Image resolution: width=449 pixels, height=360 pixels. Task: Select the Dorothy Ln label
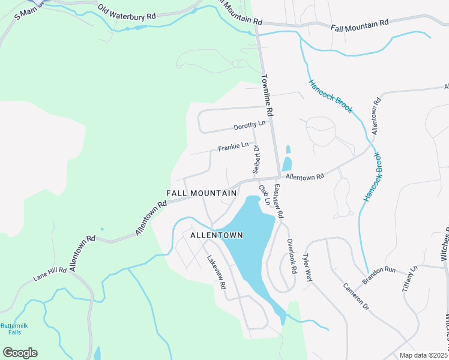[x=249, y=125]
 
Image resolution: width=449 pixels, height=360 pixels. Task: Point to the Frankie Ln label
[x=234, y=146]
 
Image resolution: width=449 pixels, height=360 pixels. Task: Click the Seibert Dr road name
[x=255, y=160]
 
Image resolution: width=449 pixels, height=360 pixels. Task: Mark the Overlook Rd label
[x=291, y=257]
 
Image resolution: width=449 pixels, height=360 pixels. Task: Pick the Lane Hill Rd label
[x=49, y=271]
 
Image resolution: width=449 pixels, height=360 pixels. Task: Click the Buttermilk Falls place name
[x=11, y=328]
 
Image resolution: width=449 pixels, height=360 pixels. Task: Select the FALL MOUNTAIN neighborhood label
[x=201, y=193]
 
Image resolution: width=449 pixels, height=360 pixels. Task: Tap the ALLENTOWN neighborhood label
[x=217, y=235]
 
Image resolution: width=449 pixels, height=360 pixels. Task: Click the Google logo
[x=20, y=352]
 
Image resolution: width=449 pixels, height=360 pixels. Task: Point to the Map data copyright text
[x=423, y=355]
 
